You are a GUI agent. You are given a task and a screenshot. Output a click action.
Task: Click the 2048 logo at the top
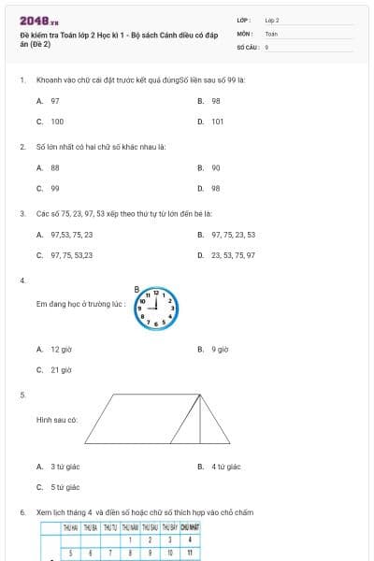[x=38, y=21]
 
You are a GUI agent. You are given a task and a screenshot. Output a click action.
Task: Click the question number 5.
[x=22, y=396]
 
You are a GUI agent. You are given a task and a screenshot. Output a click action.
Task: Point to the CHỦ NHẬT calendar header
[x=190, y=527]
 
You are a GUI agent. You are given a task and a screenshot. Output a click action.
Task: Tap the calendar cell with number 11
[x=190, y=554]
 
